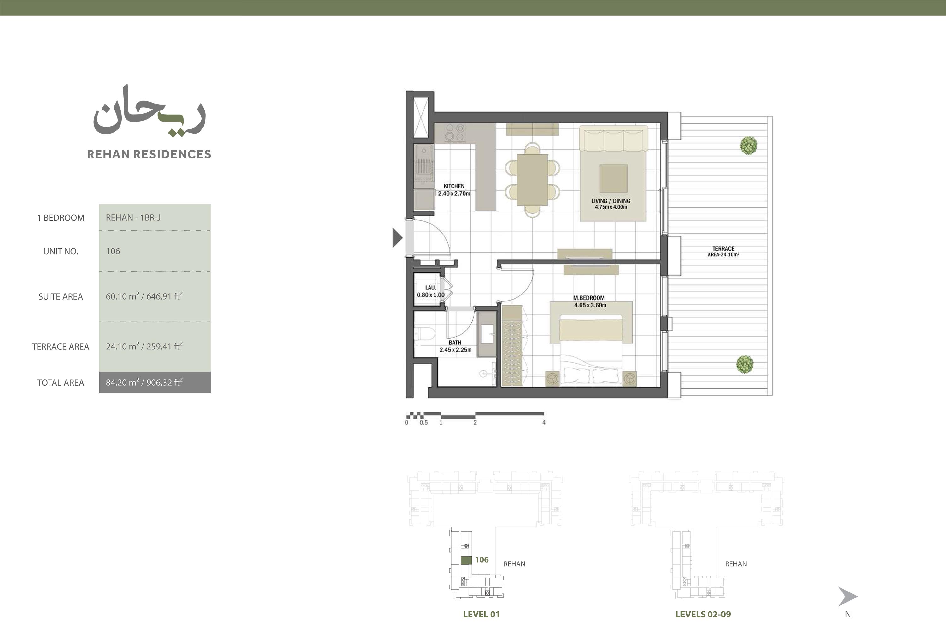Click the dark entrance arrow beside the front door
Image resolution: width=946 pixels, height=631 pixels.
[x=397, y=237]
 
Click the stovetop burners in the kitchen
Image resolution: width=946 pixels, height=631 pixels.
[x=455, y=133]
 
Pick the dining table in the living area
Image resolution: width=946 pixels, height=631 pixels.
[x=532, y=180]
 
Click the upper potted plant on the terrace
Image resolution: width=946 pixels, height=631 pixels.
[x=749, y=145]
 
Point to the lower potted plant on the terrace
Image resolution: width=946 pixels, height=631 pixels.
[x=745, y=365]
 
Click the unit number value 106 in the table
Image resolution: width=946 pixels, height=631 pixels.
[x=113, y=252]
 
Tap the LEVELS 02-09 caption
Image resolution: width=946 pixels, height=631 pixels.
[x=703, y=615]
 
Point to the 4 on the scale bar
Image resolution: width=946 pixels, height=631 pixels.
[x=544, y=423]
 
